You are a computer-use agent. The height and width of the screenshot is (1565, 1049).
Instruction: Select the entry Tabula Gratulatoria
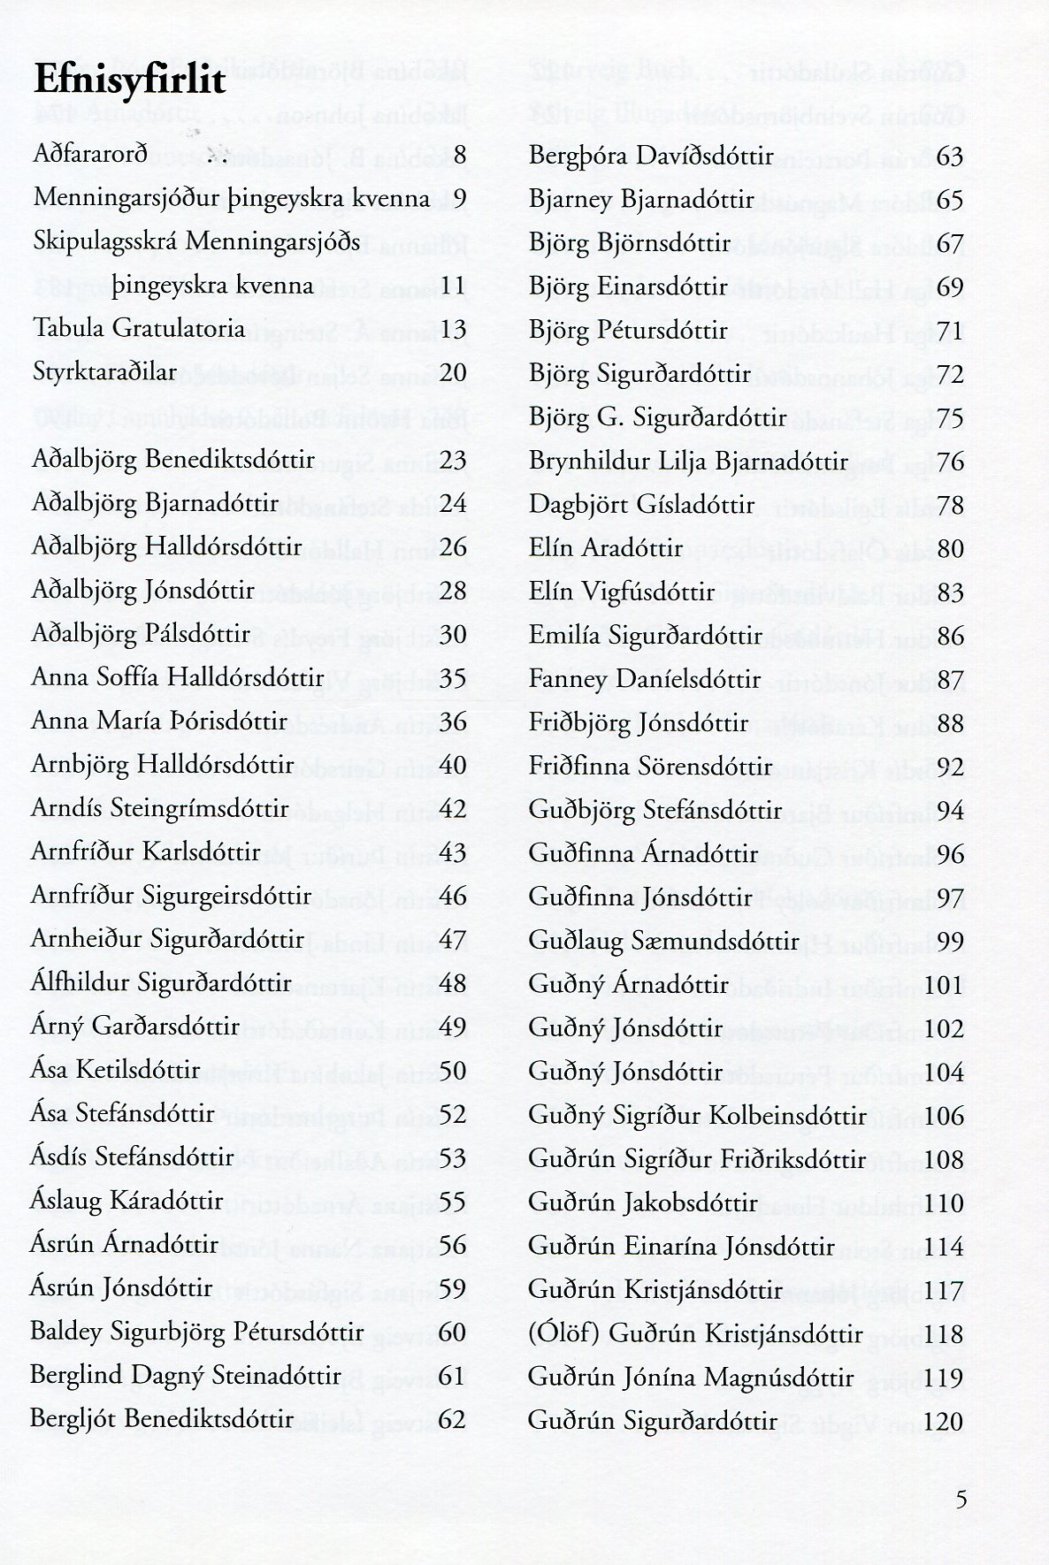click(x=138, y=329)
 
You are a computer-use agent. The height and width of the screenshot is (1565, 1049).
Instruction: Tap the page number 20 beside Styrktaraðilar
click(x=452, y=372)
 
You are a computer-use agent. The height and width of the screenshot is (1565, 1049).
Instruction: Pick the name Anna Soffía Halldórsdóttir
click(x=177, y=678)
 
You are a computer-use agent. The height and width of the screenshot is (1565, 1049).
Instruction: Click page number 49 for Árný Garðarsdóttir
click(x=452, y=1026)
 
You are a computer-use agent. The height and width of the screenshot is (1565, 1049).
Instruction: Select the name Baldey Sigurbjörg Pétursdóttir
click(x=196, y=1331)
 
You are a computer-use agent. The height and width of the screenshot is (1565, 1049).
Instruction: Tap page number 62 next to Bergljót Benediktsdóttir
click(x=452, y=1418)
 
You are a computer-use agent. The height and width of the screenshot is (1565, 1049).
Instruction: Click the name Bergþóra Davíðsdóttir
click(x=651, y=156)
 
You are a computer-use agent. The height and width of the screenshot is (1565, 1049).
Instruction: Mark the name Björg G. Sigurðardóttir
click(x=658, y=416)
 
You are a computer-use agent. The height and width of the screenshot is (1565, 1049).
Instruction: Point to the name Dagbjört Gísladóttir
click(x=641, y=504)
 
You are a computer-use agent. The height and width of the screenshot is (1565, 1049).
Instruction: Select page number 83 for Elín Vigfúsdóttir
click(x=949, y=592)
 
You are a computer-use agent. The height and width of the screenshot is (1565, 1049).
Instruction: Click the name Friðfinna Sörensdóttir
click(x=650, y=766)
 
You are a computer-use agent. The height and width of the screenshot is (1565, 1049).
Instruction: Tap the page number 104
click(x=944, y=1071)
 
